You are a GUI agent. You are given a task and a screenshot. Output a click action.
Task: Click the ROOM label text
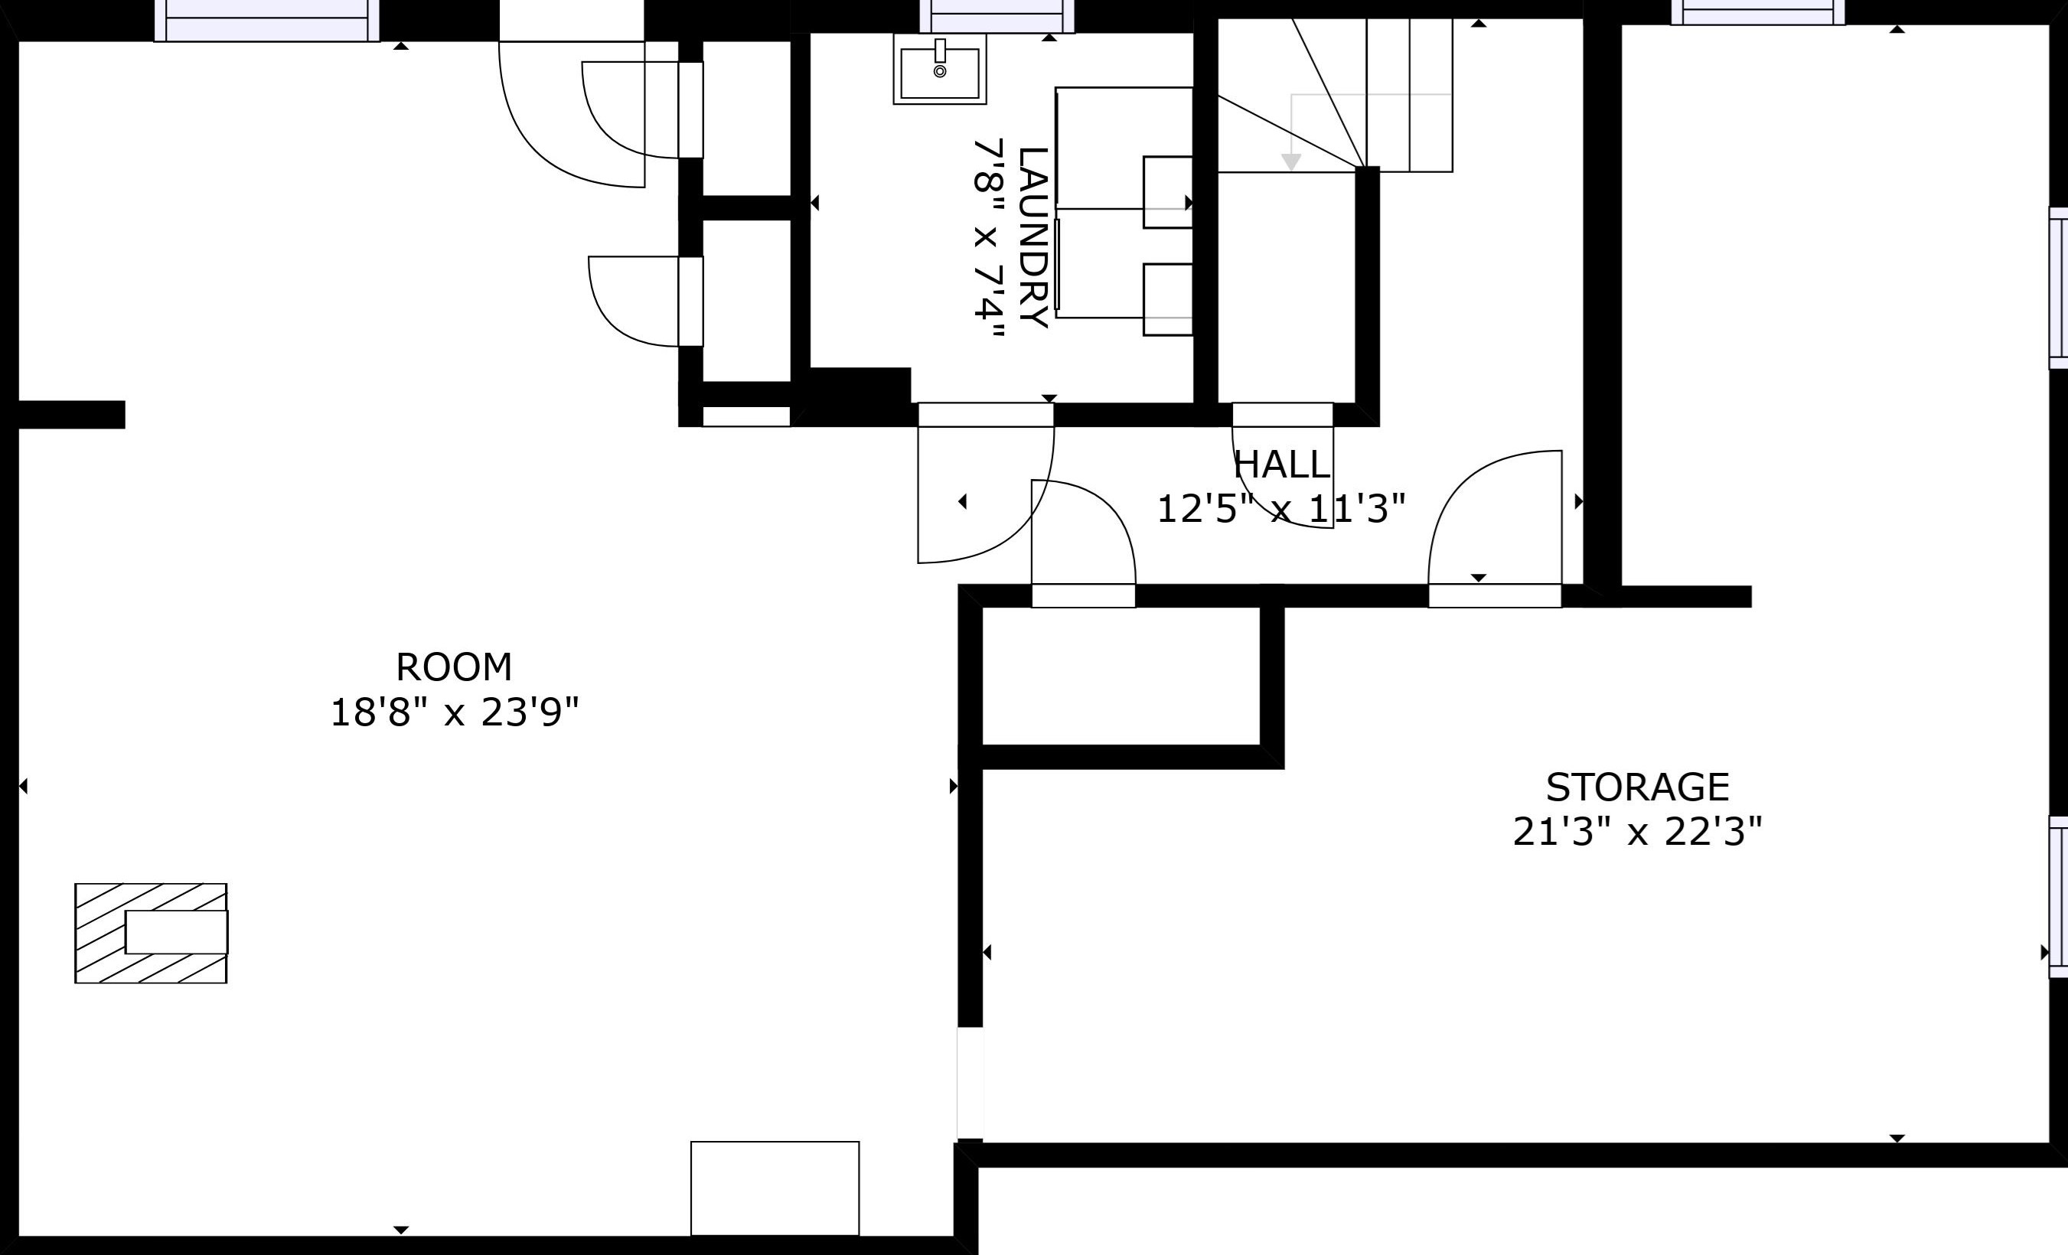point(454,668)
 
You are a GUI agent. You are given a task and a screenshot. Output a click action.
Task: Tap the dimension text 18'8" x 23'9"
point(454,713)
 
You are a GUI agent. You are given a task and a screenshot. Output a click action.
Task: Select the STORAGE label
point(1637,787)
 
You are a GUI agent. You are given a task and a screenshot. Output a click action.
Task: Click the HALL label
point(1281,465)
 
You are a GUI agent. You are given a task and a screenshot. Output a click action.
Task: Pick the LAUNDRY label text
point(1032,237)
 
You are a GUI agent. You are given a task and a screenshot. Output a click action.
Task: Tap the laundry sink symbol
point(940,70)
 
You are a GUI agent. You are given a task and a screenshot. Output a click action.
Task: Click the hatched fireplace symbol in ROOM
point(151,933)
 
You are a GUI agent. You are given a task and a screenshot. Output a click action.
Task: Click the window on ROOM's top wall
point(267,20)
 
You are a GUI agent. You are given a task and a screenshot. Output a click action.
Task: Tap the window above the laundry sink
point(997,17)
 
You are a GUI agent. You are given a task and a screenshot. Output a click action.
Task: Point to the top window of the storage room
point(1757,12)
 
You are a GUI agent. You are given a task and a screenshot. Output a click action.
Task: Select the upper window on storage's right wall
point(2058,288)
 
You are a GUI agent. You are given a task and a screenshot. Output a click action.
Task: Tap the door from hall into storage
point(1495,520)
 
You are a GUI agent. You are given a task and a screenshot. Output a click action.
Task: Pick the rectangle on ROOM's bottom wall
point(775,1188)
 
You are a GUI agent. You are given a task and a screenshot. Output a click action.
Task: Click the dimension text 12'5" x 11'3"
point(1280,509)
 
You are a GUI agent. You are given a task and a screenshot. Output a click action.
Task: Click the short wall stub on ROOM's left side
point(71,415)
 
